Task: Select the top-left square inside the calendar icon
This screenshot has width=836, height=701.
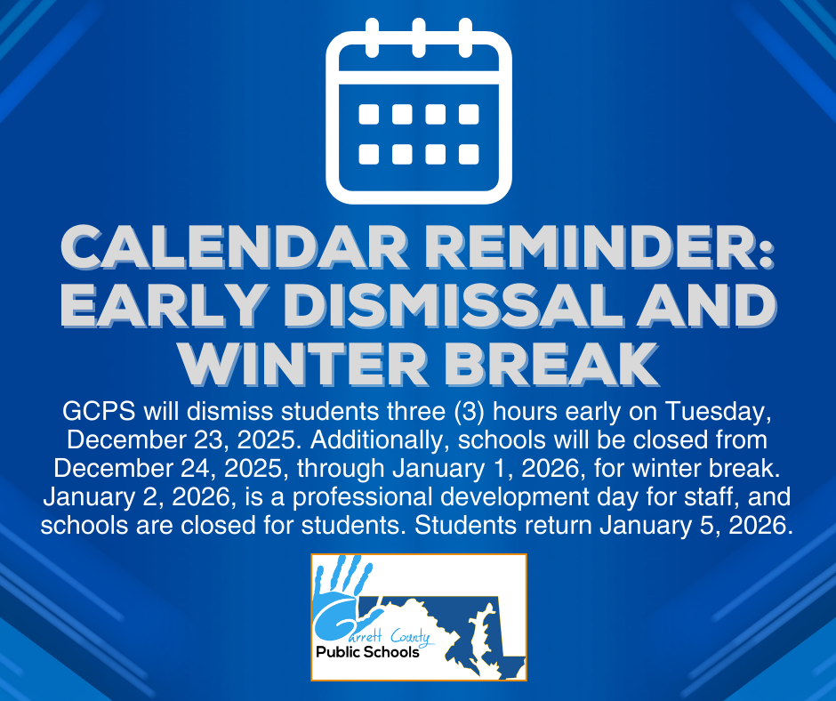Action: pyautogui.click(x=368, y=114)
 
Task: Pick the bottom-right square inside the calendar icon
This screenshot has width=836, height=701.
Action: pyautogui.click(x=469, y=154)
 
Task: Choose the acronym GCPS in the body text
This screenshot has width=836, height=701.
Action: pyautogui.click(x=94, y=413)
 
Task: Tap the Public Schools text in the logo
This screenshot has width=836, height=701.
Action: pyautogui.click(x=367, y=652)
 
